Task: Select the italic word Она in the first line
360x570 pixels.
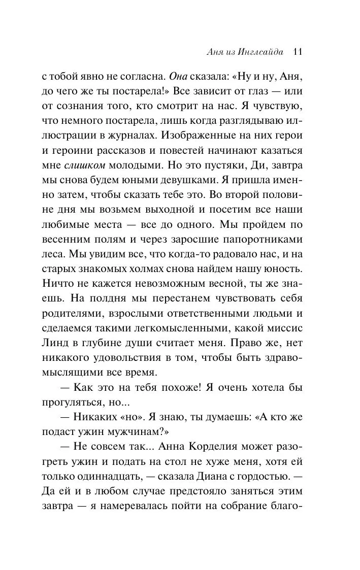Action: click(x=178, y=77)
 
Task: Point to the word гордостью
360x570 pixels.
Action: click(x=271, y=477)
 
